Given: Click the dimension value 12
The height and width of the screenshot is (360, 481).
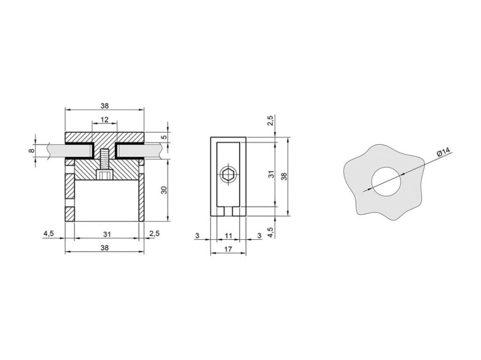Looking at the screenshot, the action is (x=105, y=119).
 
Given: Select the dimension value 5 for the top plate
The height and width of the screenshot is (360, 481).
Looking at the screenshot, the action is (x=165, y=137).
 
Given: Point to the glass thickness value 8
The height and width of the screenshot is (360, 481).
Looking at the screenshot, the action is (x=30, y=151).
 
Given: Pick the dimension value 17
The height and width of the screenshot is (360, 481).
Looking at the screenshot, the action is (x=228, y=249).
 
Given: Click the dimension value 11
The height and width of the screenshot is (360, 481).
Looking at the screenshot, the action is (x=228, y=235).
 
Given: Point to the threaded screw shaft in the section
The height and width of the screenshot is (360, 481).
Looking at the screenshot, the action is (x=105, y=159).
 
